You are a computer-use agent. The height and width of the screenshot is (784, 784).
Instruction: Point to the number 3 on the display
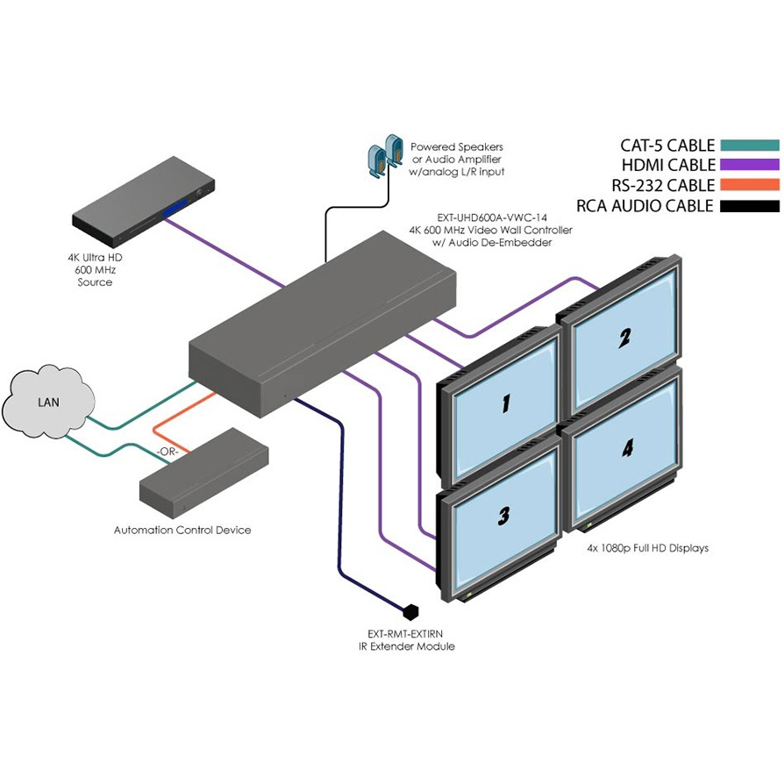pyautogui.click(x=503, y=517)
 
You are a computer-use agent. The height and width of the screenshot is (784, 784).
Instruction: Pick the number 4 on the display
pyautogui.click(x=627, y=449)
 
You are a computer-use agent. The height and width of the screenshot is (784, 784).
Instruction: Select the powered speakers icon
pyautogui.click(x=382, y=155)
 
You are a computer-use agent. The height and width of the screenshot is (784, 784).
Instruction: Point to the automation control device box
pyautogui.click(x=205, y=474)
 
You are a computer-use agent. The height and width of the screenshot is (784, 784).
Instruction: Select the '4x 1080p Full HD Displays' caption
pyautogui.click(x=648, y=548)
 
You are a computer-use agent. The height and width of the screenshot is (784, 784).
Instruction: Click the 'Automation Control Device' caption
pyautogui.click(x=182, y=530)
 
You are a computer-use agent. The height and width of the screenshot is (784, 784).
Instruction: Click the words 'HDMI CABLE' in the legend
pyautogui.click(x=667, y=165)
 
